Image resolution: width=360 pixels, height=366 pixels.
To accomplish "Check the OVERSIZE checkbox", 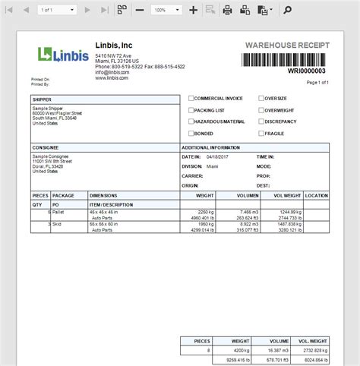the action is coord(261,99).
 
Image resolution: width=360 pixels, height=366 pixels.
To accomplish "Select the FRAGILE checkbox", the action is coord(261,133).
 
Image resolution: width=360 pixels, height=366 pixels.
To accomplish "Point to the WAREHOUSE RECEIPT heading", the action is coord(287,45).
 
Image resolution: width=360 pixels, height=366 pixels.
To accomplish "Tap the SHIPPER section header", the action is coord(42,99).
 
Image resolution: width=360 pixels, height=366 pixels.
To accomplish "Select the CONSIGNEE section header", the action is coord(46,147).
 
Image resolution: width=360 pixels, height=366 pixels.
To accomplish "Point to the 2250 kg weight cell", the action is coord(207,212).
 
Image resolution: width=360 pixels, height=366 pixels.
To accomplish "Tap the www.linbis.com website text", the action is coord(112,77).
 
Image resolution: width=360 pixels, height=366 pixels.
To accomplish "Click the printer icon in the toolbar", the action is coord(227,10).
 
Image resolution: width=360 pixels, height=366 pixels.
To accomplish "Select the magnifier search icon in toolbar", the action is coord(288,10).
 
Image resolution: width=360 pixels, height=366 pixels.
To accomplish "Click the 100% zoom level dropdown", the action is coord(166,10).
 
